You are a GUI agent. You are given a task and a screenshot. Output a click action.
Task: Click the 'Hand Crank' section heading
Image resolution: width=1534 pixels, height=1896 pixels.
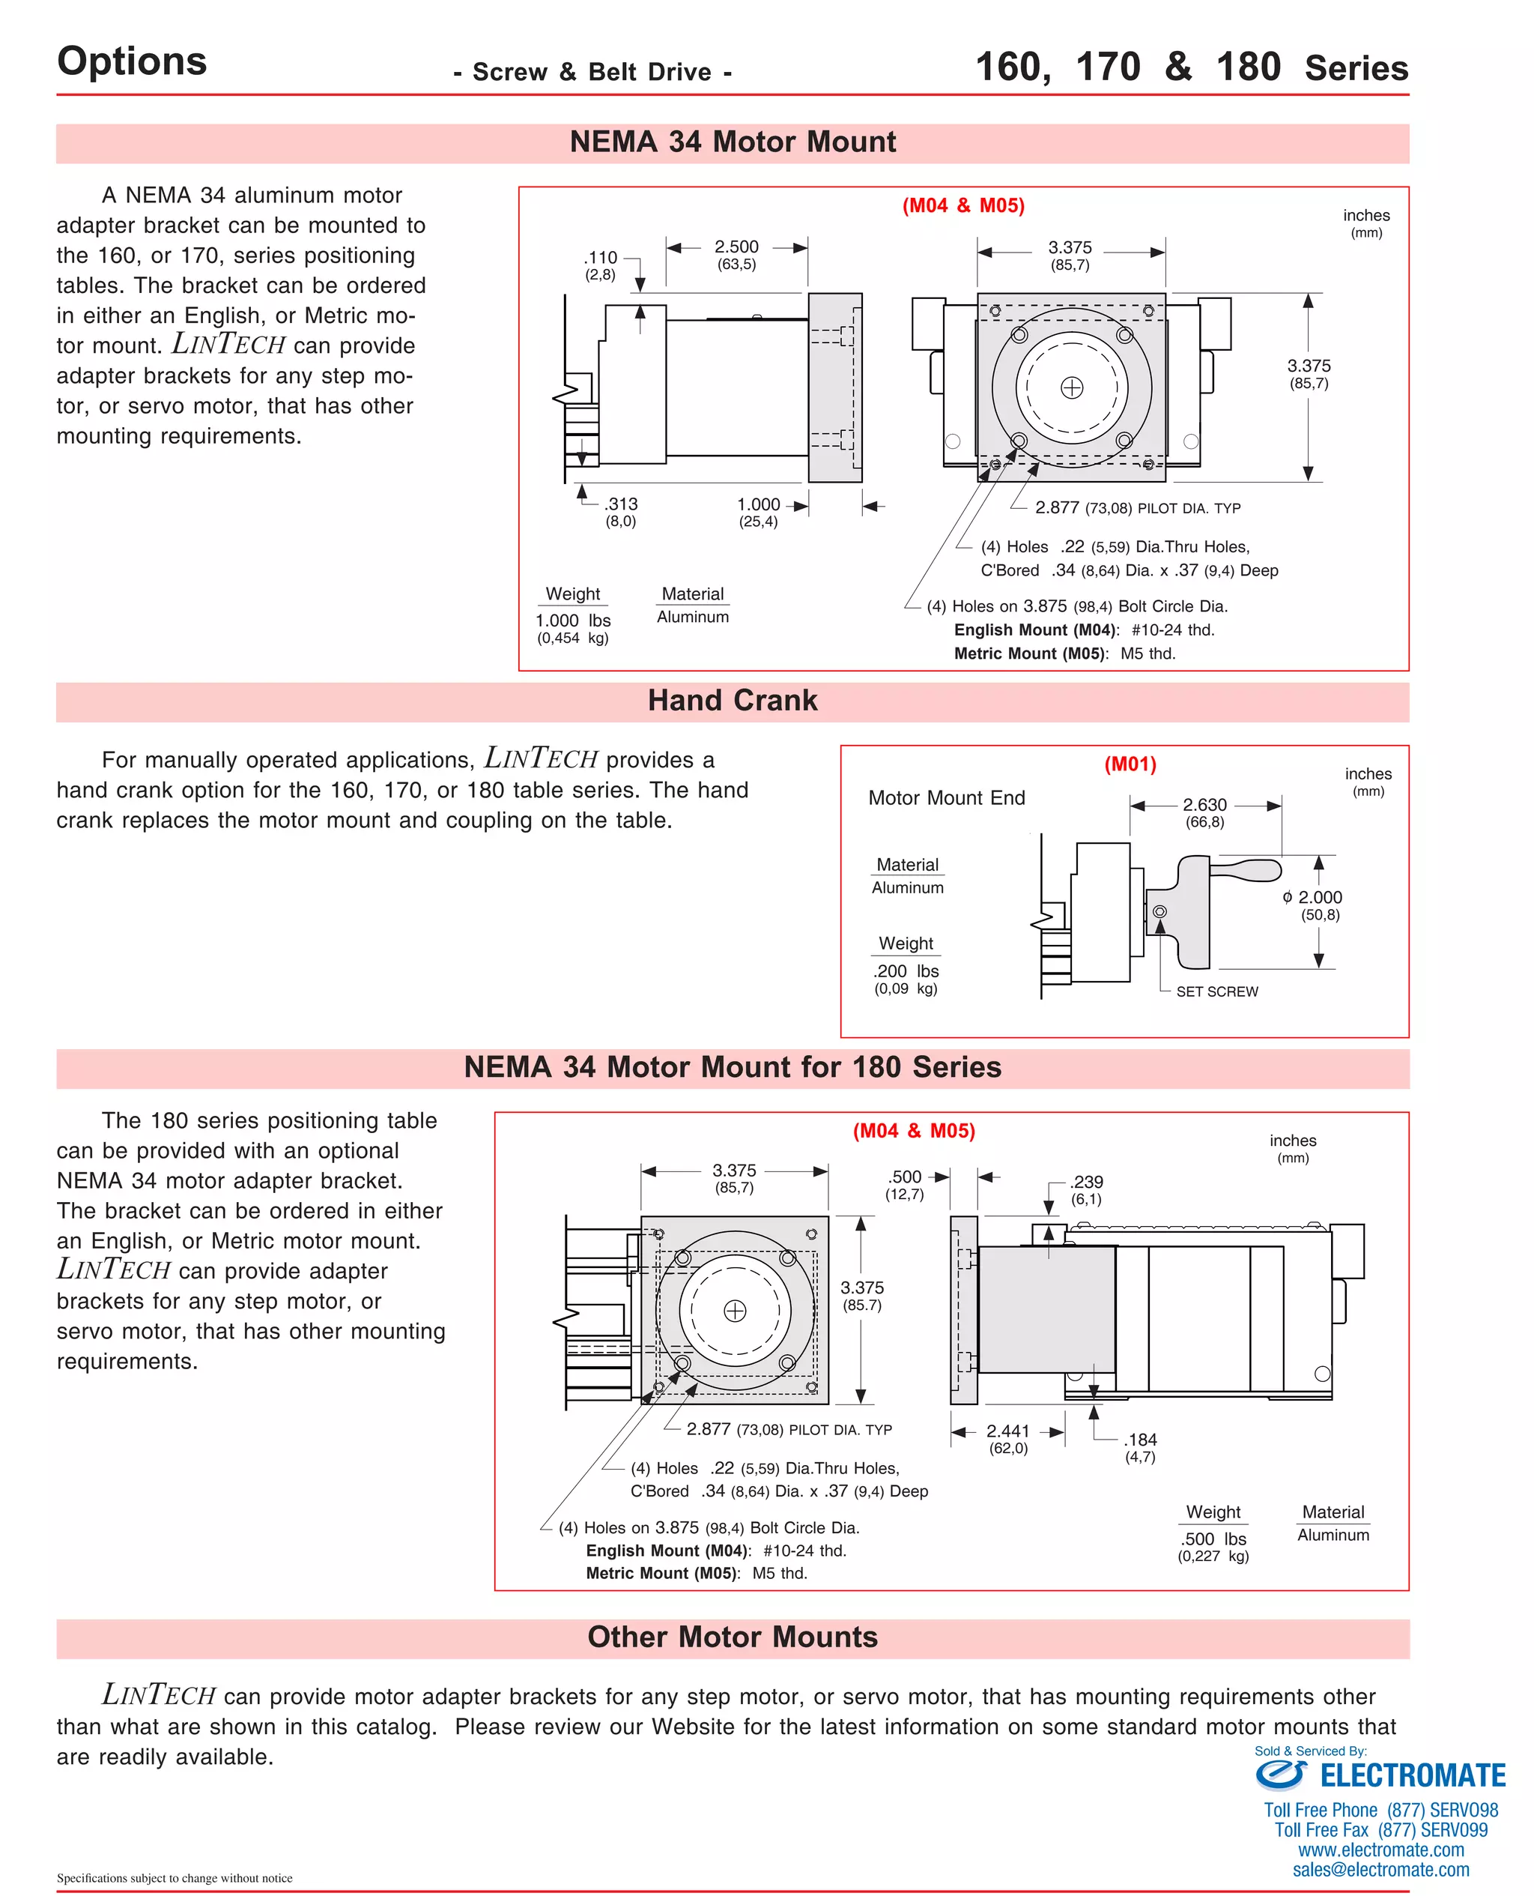click(x=732, y=700)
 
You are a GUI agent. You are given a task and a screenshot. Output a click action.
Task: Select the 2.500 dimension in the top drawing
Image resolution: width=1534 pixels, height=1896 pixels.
click(x=736, y=247)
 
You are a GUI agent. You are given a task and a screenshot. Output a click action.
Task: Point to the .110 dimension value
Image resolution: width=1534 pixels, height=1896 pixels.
click(x=601, y=257)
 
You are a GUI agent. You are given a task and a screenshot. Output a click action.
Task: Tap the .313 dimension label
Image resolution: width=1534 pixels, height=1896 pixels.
click(x=621, y=504)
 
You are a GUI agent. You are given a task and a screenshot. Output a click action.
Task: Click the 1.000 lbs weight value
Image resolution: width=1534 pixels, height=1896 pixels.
click(x=572, y=621)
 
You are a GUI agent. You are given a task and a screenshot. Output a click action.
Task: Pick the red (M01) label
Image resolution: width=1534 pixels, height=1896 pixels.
click(x=1130, y=764)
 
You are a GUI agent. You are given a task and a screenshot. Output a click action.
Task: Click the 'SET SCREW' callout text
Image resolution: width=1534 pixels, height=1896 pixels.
click(x=1216, y=991)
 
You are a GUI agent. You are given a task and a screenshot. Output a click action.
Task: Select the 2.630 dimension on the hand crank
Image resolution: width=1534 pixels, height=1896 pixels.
click(x=1204, y=804)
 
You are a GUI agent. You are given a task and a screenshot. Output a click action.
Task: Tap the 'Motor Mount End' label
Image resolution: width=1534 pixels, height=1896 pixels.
click(x=946, y=798)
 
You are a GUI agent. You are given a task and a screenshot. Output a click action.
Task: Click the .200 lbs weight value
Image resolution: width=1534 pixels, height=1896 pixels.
click(x=906, y=970)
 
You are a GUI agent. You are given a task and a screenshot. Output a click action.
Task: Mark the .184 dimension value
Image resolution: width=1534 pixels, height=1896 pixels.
click(x=1140, y=1439)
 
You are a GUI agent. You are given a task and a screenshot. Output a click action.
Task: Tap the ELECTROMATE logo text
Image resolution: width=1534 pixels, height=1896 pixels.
click(x=1411, y=1776)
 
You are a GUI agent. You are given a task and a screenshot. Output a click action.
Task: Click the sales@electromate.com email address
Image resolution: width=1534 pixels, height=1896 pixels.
click(x=1380, y=1870)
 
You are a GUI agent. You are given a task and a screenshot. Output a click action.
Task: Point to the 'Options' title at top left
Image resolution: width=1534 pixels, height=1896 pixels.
click(x=132, y=61)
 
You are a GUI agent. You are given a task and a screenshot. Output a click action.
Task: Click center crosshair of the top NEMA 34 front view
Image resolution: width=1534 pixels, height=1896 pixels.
click(x=1071, y=387)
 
